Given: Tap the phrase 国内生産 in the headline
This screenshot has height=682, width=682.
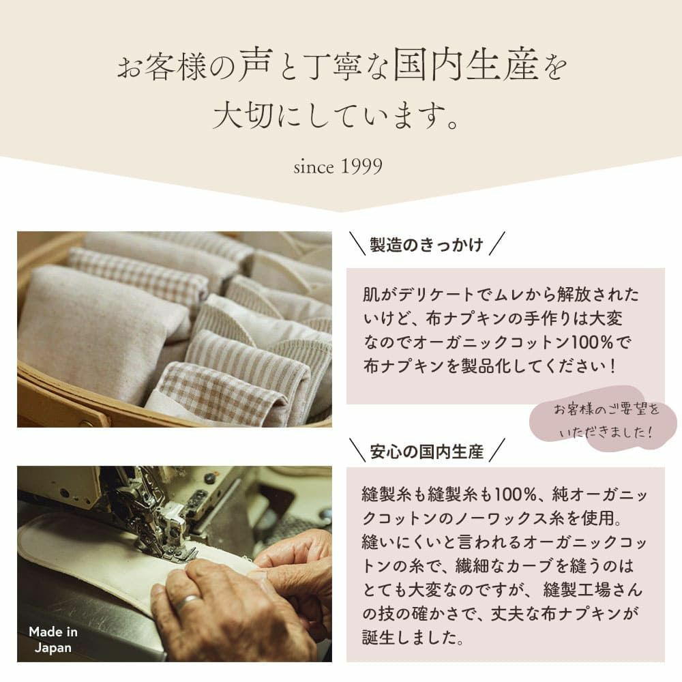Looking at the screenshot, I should tap(471, 68).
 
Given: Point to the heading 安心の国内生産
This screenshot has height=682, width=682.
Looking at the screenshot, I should tap(426, 451).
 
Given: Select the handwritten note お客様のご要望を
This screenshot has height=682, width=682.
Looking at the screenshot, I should tap(606, 411).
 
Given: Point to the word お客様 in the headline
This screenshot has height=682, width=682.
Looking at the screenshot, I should tap(164, 68).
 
